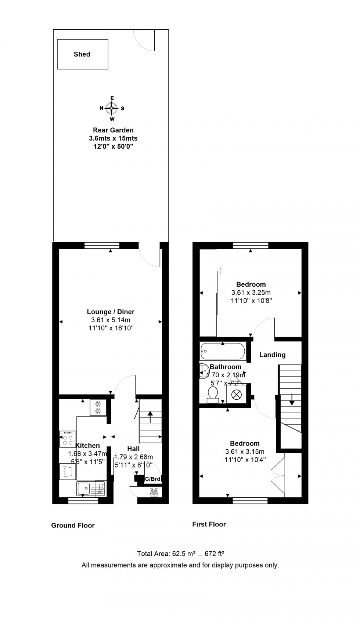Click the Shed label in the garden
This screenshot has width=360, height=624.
click(x=82, y=54)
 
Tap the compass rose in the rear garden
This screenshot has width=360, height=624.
click(x=112, y=108)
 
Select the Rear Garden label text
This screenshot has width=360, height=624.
click(x=113, y=130)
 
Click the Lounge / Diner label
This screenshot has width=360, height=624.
click(x=111, y=312)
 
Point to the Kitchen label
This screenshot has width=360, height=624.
click(x=87, y=446)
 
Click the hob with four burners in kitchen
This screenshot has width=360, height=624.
click(x=68, y=439)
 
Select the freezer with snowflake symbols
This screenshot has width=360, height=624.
click(x=98, y=407)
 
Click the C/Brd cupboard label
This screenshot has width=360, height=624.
click(x=152, y=479)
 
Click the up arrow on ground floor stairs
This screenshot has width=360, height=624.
click(x=150, y=417)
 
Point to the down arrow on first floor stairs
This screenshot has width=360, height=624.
click(x=291, y=399)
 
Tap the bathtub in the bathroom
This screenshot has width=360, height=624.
click(x=223, y=351)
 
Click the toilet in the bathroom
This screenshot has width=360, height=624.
click(x=213, y=395)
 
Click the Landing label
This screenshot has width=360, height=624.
click(x=273, y=355)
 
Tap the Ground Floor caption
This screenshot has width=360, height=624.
click(x=73, y=525)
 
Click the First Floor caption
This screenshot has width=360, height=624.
click(x=209, y=524)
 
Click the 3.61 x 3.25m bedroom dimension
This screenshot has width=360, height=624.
click(x=251, y=293)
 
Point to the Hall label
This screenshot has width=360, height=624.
click(x=133, y=449)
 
